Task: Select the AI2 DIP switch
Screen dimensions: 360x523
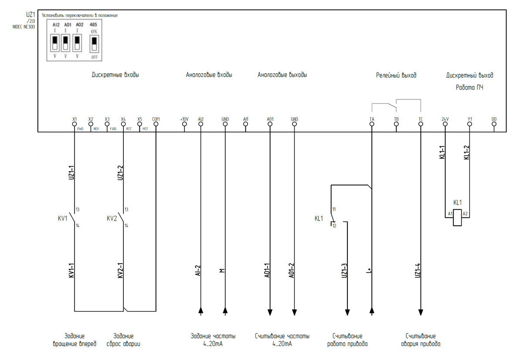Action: (55, 42)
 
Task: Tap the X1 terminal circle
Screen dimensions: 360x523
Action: (75, 124)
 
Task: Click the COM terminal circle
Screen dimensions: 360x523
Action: (156, 124)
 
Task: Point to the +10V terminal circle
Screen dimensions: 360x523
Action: (184, 124)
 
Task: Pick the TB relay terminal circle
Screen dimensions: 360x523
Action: (396, 124)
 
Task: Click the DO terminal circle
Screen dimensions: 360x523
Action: (494, 124)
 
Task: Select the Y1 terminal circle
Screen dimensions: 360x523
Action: (469, 124)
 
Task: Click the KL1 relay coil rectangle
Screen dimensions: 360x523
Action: (457, 217)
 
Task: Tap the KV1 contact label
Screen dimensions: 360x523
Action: (63, 218)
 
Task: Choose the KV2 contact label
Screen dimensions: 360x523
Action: (112, 218)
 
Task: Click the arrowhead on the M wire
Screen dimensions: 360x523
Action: (225, 311)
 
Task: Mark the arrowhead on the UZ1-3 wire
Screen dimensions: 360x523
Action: (347, 312)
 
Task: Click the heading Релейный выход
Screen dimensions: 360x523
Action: (396, 75)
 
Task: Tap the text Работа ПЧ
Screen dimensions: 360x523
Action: (469, 87)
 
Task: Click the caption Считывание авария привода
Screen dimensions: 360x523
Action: (421, 340)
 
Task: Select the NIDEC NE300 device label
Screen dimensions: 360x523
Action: (24, 27)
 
